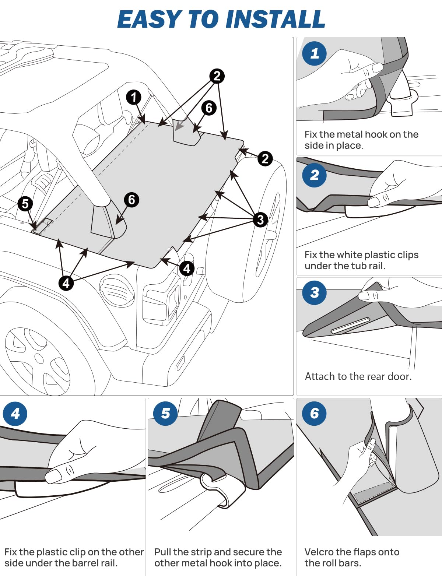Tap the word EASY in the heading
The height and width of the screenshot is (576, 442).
150,19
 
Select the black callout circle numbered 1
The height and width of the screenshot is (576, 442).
133,97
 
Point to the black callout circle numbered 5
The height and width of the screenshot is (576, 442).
25,203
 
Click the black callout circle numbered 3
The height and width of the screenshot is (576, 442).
260,219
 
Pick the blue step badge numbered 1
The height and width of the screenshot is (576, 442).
314,54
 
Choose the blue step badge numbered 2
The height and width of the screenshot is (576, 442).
314,175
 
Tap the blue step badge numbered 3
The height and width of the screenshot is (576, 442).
314,293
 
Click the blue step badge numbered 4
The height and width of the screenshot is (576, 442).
15,414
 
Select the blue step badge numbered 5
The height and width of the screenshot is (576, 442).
165,414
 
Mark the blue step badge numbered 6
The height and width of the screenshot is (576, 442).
314,414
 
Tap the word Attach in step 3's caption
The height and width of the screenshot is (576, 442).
320,376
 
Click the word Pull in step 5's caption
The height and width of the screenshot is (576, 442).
162,552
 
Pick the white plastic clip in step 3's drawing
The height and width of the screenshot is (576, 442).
350,325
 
